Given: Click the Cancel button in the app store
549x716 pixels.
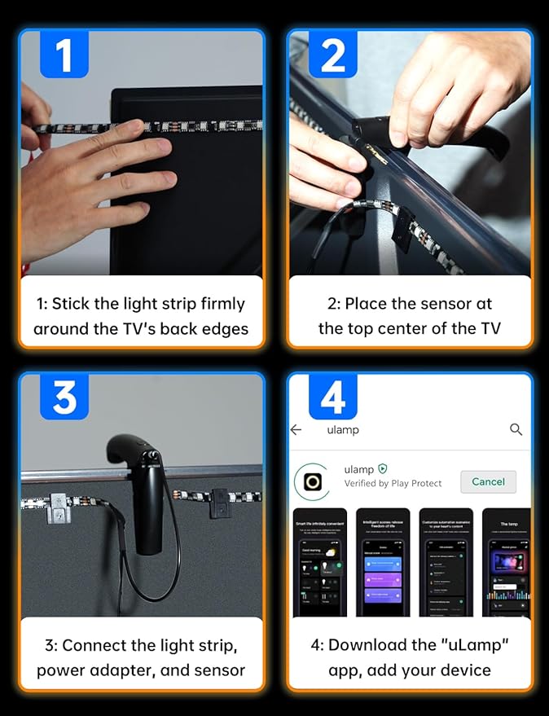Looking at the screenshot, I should click(x=488, y=481).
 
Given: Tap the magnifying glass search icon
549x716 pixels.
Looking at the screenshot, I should click(x=516, y=429).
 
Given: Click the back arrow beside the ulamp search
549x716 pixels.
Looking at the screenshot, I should click(x=296, y=429).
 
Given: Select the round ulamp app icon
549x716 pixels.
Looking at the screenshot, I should click(x=313, y=481).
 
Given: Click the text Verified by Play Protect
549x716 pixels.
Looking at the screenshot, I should click(x=393, y=483).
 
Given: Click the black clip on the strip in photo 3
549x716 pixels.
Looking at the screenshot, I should click(x=220, y=501).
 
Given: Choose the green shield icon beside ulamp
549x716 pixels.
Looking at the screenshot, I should click(x=383, y=469).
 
